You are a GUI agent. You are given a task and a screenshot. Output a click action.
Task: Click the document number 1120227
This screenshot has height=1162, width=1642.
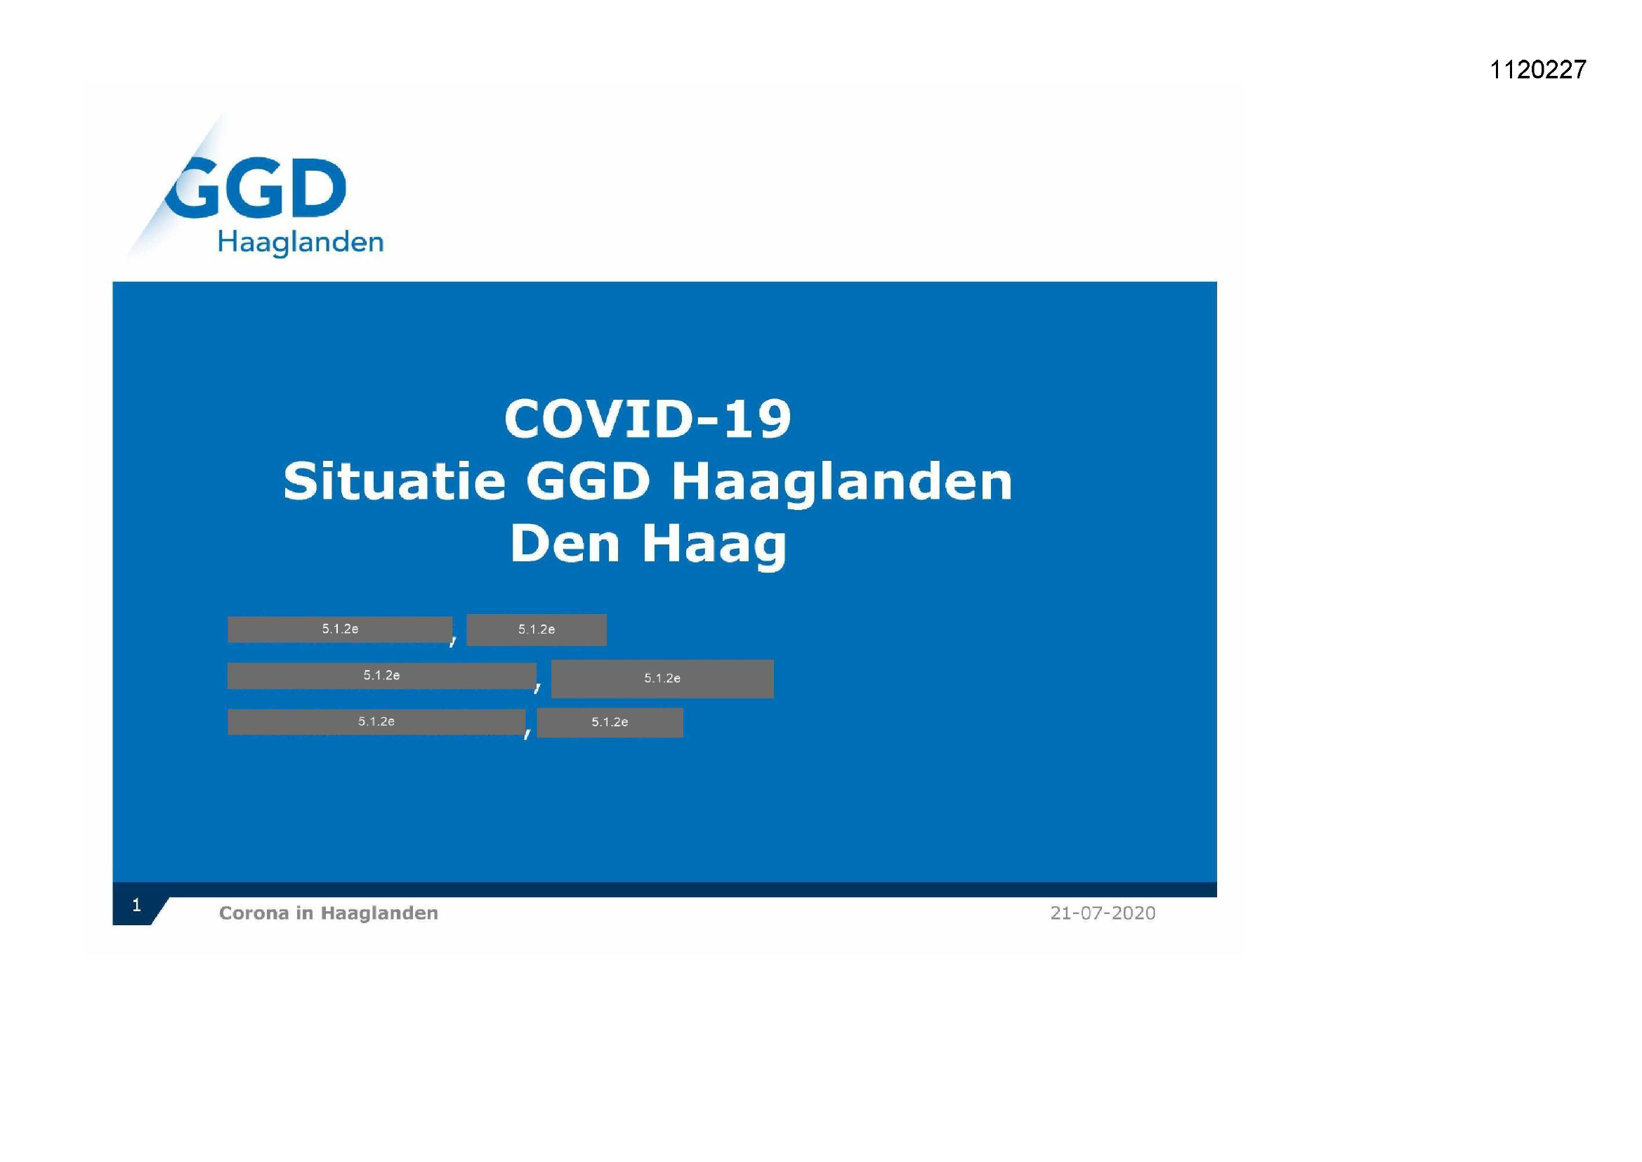point(1537,70)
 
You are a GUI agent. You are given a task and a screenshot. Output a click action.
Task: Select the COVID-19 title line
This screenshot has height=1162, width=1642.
point(648,419)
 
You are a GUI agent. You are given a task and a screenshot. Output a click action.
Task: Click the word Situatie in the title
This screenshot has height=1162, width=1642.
point(394,481)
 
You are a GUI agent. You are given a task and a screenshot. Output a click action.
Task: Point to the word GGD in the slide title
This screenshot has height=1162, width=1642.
point(588,481)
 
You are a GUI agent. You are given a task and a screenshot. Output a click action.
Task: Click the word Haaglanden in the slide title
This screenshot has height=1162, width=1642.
point(842,482)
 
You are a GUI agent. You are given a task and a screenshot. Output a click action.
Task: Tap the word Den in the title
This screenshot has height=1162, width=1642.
point(564,544)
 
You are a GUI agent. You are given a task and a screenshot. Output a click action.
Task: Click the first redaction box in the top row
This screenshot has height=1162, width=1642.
point(340,629)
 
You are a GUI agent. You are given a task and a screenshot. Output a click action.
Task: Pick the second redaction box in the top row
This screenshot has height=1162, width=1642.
point(537,629)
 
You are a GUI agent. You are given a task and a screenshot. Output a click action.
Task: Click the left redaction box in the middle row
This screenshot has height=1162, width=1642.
point(381,675)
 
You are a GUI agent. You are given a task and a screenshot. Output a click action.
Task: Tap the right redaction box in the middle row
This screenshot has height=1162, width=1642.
point(662,679)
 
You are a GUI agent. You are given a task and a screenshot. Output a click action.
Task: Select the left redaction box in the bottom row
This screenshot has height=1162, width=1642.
point(376,722)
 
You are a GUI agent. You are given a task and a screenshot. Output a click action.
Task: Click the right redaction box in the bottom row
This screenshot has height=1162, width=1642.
point(610,722)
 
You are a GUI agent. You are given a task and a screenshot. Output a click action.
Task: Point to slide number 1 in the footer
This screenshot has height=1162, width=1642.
point(136,905)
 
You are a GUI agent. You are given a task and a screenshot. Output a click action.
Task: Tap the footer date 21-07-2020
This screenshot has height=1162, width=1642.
point(1102,913)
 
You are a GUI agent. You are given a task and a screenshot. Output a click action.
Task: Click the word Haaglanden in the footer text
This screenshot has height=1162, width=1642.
point(379,913)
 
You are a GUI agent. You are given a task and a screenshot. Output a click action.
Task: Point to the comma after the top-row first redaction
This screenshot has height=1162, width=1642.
point(453,641)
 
